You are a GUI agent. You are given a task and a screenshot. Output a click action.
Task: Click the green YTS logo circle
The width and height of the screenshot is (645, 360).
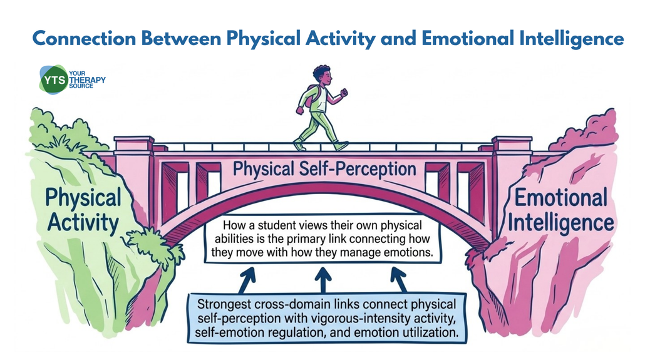(x=53, y=80)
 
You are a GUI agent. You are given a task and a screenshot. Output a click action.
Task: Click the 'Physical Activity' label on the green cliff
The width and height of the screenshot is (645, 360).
(x=83, y=209)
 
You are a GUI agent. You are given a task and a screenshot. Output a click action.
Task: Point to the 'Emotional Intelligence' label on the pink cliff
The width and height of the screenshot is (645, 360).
(x=560, y=209)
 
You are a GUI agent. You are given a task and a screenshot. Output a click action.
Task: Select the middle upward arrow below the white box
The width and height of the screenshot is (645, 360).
(x=323, y=280)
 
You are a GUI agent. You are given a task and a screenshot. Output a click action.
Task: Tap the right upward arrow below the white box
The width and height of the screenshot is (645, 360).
(x=399, y=280)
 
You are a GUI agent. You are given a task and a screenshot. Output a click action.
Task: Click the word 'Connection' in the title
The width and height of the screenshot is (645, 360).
(x=85, y=39)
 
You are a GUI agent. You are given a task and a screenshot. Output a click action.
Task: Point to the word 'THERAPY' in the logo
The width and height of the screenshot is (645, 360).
(x=87, y=80)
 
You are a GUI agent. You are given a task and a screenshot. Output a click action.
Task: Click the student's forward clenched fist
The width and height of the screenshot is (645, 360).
(x=344, y=93)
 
